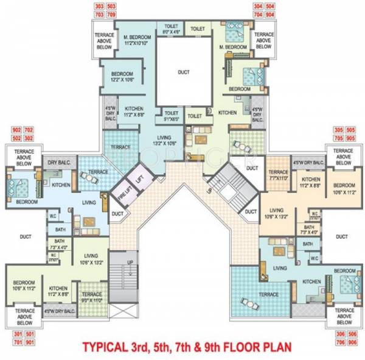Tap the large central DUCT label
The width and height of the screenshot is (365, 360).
(183, 71)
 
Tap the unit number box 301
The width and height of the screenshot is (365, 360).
(15, 334)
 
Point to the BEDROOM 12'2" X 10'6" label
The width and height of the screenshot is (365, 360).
(122, 76)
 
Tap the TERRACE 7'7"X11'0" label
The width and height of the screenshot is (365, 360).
(278, 176)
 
